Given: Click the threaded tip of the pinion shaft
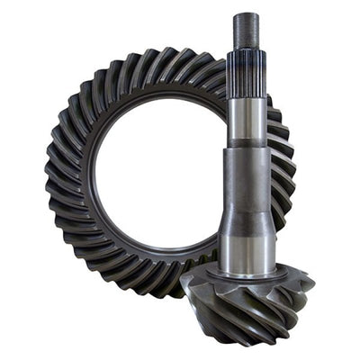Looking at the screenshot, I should pyautogui.click(x=246, y=32).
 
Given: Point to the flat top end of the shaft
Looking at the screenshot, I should pyautogui.click(x=246, y=14).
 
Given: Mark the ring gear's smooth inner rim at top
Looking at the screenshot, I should pyautogui.click(x=162, y=90).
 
